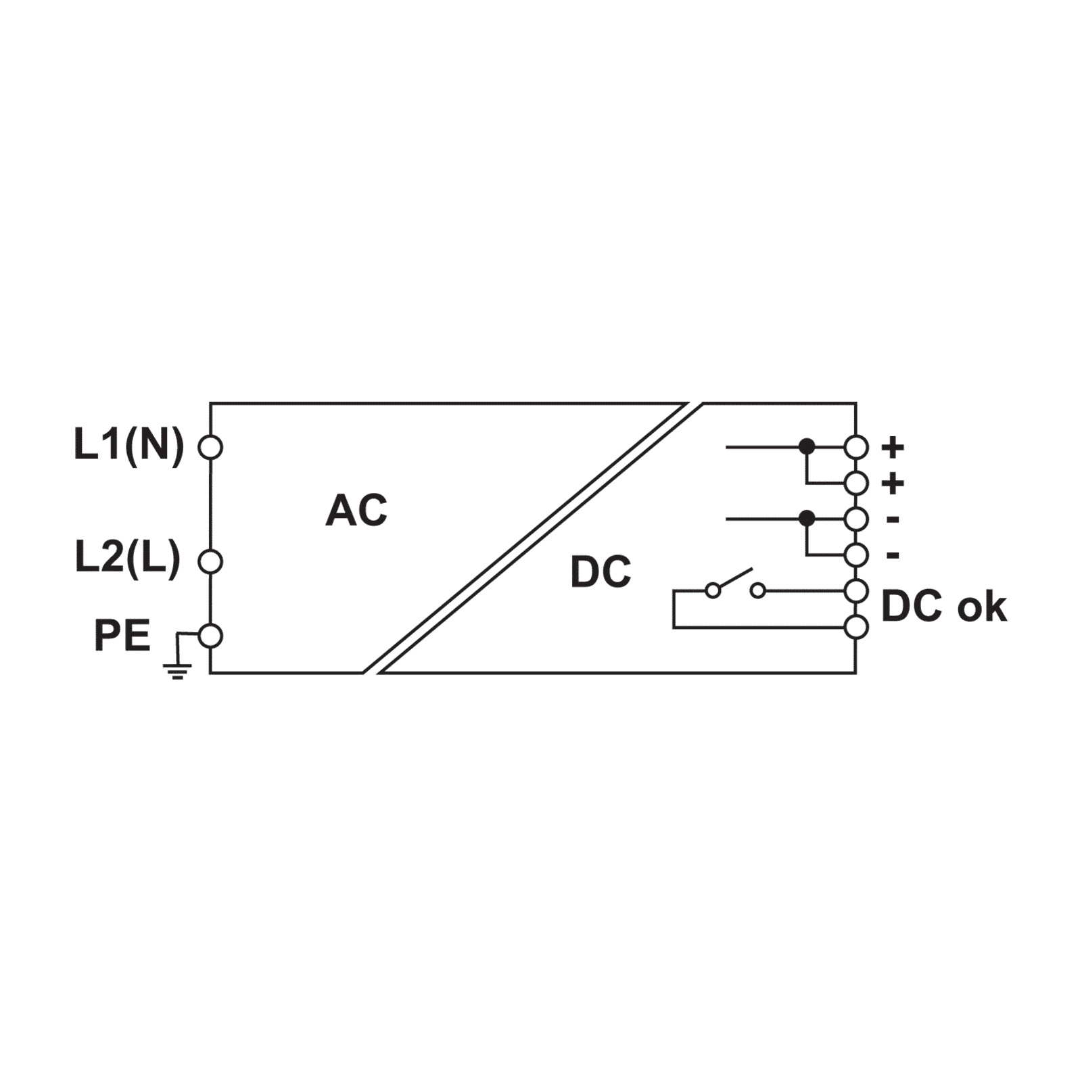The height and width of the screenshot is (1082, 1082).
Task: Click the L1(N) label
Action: point(128,446)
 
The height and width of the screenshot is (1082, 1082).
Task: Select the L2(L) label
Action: point(128,559)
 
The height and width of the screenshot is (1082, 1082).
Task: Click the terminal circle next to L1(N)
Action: point(210,447)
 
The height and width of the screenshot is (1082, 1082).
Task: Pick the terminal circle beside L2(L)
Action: point(210,561)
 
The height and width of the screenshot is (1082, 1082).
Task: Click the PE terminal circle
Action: point(210,636)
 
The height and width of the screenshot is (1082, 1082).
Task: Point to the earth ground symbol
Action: point(177,670)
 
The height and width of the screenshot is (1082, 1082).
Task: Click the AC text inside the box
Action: point(356,511)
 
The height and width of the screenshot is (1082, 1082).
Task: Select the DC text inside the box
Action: point(601,572)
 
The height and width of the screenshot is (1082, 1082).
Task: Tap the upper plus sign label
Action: point(893,447)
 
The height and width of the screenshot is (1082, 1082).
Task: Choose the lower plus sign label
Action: point(893,484)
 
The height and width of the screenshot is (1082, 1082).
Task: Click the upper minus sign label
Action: point(893,519)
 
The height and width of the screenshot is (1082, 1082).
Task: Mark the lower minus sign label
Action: point(893,555)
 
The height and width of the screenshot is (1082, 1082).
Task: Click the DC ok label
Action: point(944,607)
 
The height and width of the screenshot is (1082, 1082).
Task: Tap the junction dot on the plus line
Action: point(807,447)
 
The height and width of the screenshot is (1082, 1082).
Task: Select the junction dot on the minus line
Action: point(807,519)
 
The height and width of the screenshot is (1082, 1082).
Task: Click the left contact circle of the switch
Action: point(713,591)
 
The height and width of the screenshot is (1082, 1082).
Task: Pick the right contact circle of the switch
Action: point(758,591)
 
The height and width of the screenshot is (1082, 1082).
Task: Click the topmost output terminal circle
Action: point(856,447)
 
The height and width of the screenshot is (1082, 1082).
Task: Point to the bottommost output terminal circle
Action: point(856,628)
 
